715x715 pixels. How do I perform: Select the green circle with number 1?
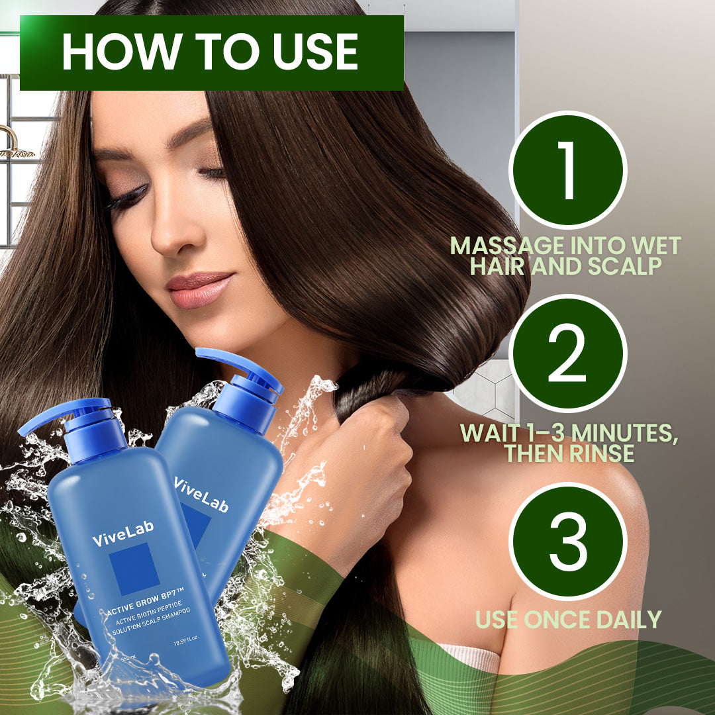[x=568, y=169]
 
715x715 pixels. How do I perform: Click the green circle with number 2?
[x=568, y=354]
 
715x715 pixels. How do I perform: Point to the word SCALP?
[x=625, y=266]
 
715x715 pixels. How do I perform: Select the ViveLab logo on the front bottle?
[x=123, y=534]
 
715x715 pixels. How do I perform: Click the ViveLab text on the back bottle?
[x=201, y=495]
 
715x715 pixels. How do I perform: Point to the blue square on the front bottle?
[x=134, y=568]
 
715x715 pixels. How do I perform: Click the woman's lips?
[x=199, y=289]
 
